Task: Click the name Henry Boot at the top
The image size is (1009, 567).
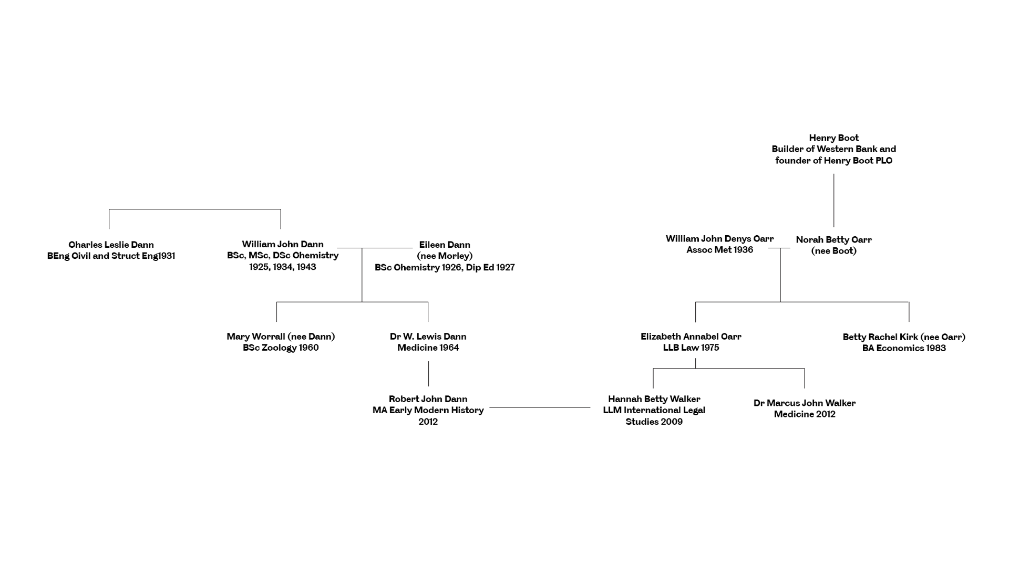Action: [833, 138]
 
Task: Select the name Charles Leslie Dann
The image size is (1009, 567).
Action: [111, 245]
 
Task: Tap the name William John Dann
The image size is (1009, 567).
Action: [283, 244]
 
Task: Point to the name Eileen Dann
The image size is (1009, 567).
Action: [445, 245]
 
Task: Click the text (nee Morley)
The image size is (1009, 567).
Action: [445, 256]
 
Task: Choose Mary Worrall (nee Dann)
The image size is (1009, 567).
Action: [281, 337]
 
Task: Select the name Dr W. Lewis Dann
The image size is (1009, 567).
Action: [428, 337]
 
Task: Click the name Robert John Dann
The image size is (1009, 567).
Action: [428, 399]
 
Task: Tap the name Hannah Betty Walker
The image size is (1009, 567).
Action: [654, 399]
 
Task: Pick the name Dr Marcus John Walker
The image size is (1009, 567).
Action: [804, 403]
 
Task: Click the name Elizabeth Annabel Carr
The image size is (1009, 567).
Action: [691, 337]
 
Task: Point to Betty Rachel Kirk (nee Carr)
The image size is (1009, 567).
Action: [904, 337]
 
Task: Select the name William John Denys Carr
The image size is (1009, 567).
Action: [719, 239]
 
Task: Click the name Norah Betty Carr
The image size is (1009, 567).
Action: [833, 240]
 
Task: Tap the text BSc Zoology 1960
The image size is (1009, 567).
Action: [281, 348]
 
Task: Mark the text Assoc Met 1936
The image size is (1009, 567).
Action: [719, 250]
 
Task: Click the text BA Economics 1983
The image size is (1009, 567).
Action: [904, 348]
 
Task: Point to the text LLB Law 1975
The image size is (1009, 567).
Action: [691, 348]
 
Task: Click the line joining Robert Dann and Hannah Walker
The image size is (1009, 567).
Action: [540, 407]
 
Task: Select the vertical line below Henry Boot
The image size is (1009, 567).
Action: [833, 201]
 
